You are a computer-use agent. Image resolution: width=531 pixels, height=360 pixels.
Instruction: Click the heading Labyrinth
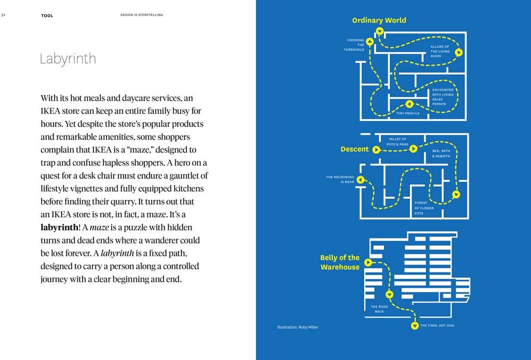coord(68,59)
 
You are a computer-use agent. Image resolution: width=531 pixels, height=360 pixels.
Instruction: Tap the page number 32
coord(3,15)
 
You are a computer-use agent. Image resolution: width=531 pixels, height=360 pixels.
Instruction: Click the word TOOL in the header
coord(47,15)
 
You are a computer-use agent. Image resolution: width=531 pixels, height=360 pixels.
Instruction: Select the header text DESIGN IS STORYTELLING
coord(142,15)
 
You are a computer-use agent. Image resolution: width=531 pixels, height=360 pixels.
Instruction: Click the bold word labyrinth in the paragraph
coord(59,227)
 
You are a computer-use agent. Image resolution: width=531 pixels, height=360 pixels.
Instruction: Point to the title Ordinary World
coord(379,20)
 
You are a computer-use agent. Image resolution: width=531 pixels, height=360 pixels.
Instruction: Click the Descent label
coord(354,149)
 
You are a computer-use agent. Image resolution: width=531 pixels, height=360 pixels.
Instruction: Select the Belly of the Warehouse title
coord(340,262)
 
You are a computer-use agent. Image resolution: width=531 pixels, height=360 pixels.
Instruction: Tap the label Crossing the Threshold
coord(356,45)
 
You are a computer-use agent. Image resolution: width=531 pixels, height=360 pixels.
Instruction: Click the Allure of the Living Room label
coord(440,51)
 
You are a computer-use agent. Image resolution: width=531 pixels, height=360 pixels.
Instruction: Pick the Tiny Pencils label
coord(408,113)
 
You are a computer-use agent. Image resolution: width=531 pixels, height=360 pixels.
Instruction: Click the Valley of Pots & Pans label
coord(397,141)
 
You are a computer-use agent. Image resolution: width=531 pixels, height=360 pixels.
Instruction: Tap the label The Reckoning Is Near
coord(340,179)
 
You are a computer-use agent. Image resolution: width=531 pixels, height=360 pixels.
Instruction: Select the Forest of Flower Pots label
coord(424,208)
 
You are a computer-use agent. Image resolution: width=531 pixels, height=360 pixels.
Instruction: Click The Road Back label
coord(379,309)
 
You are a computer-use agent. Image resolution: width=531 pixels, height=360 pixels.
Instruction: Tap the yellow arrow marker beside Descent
coord(376,150)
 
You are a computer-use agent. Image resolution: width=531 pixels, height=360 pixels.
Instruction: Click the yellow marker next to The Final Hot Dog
coord(414,325)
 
